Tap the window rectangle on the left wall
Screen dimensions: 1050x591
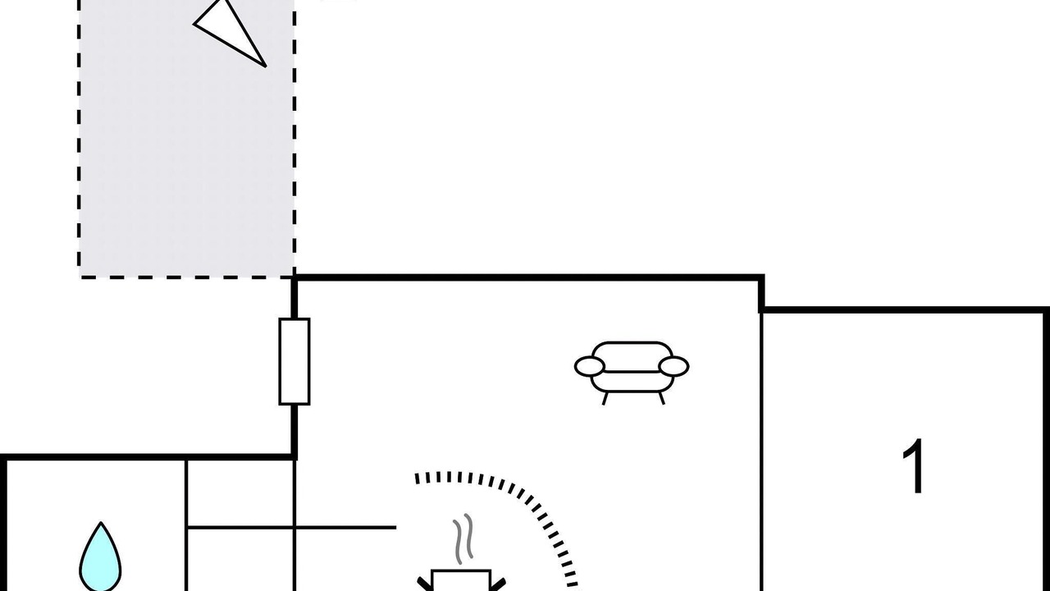(x=294, y=361)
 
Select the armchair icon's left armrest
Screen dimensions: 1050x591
(x=590, y=366)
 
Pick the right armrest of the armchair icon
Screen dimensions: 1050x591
(x=673, y=366)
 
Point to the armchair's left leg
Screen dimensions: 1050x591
(x=605, y=398)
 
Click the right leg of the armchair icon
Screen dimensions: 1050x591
(x=661, y=398)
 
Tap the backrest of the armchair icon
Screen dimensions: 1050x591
(x=632, y=356)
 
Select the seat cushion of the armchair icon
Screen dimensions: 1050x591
(x=632, y=382)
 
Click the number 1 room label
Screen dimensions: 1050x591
(x=914, y=466)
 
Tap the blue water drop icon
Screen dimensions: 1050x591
(x=100, y=557)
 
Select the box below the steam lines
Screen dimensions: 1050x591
(x=461, y=580)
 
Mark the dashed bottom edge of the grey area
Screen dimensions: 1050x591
(x=186, y=277)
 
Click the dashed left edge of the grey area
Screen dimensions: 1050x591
(x=80, y=139)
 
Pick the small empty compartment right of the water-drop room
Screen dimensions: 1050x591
(x=240, y=492)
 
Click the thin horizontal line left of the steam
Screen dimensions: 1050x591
(x=291, y=528)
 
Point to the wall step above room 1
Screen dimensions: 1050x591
(x=762, y=294)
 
